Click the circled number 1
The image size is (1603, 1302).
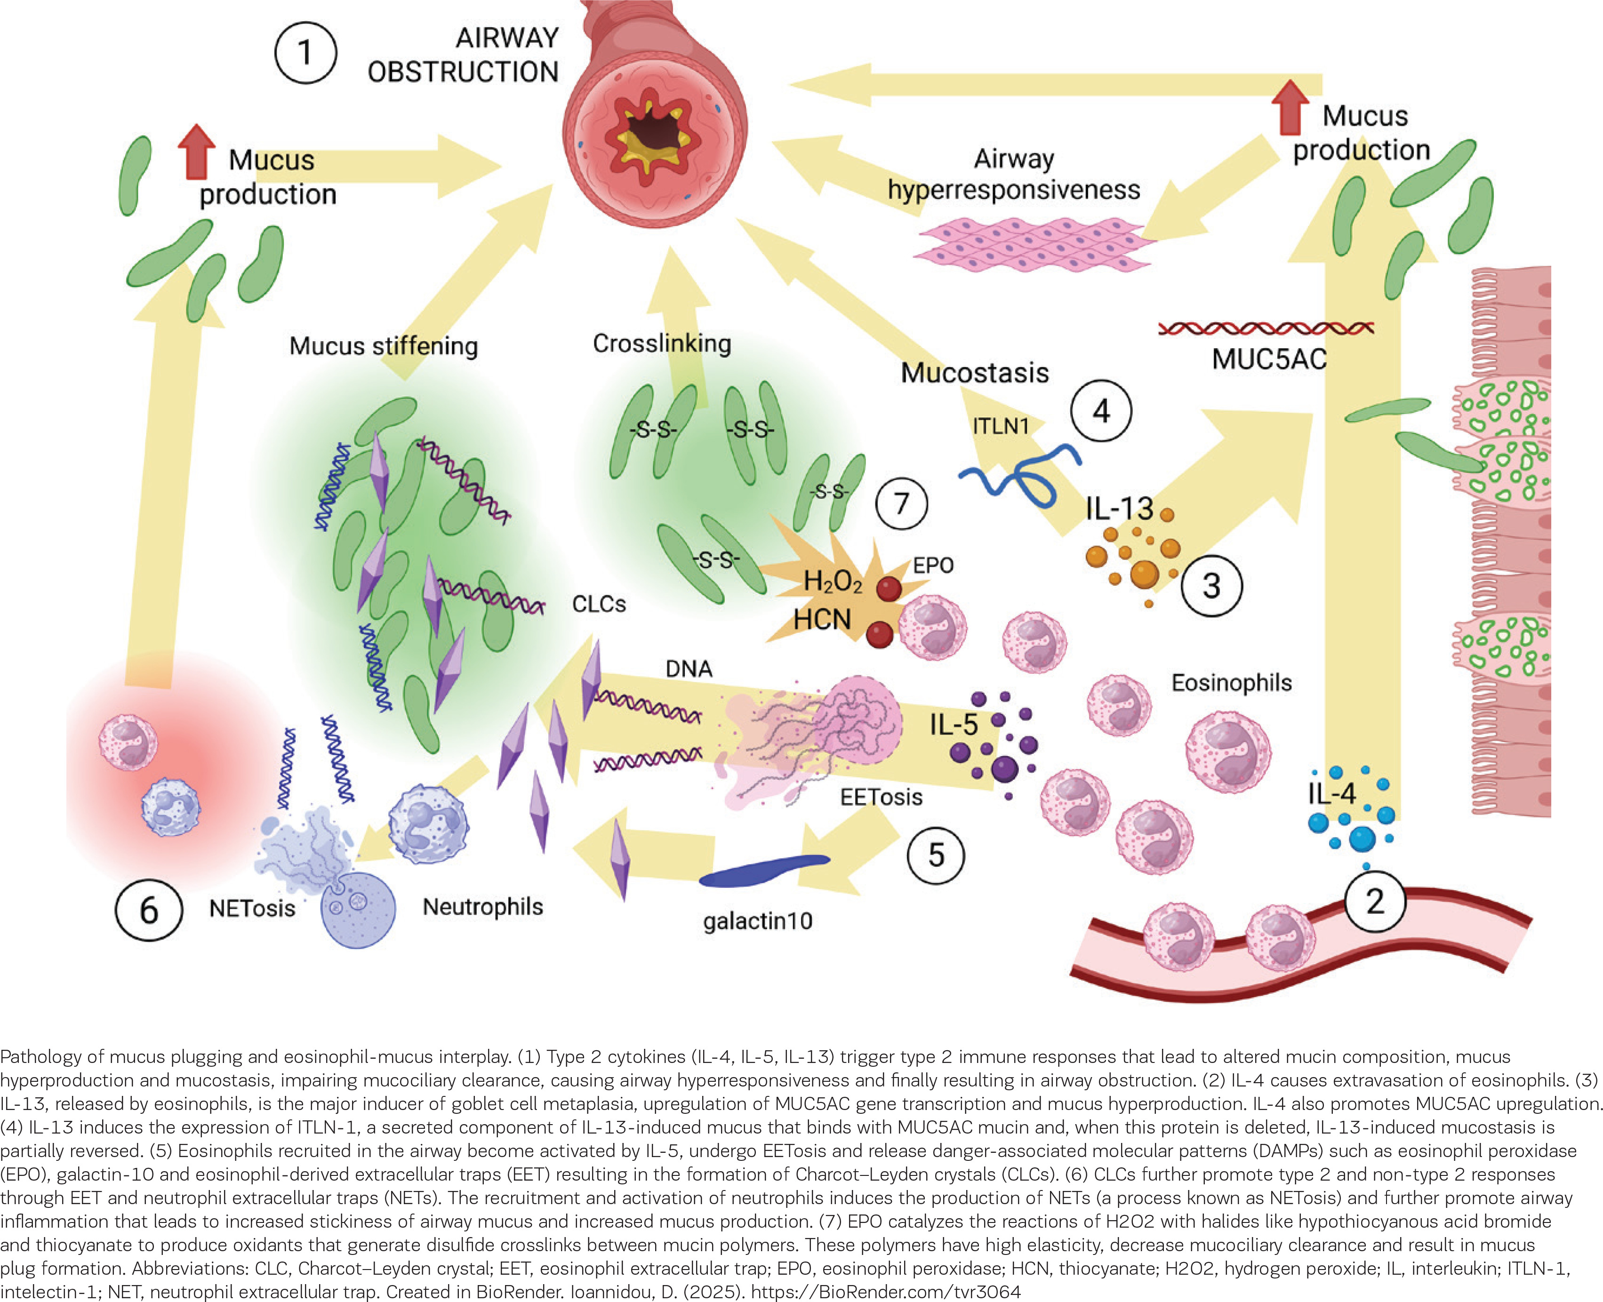tap(305, 53)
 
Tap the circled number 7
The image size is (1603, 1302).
tap(901, 503)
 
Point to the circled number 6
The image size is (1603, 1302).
tap(149, 911)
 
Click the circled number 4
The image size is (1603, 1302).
tap(1100, 411)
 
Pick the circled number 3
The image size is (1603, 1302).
tap(1211, 586)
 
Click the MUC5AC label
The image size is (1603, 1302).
tap(1269, 359)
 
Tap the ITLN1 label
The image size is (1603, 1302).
tap(1001, 426)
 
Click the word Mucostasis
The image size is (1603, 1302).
tap(974, 373)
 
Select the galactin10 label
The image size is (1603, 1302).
tap(758, 920)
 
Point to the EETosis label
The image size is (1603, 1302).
tap(882, 797)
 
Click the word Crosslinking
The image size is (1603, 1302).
tap(662, 343)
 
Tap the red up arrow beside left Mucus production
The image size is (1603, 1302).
tap(197, 150)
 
